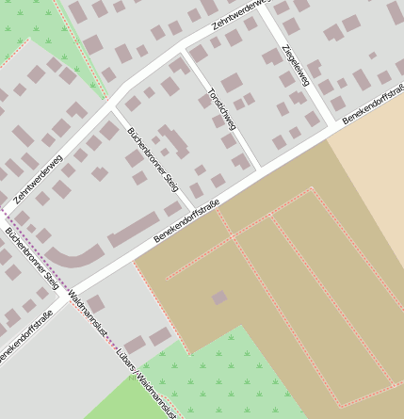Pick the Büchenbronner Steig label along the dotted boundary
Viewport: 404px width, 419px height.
pos(32,257)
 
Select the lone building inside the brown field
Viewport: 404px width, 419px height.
pos(219,298)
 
